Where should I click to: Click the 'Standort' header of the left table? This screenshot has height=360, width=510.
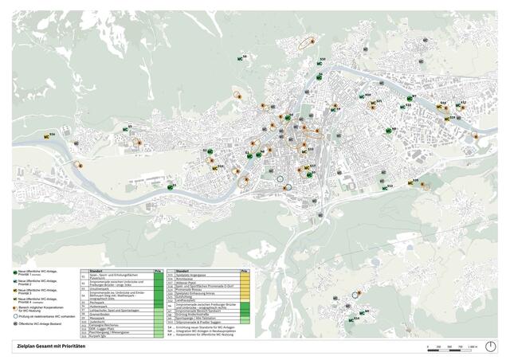click(x=104, y=271)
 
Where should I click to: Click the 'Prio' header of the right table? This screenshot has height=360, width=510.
click(x=245, y=271)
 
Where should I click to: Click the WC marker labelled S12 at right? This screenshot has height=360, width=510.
click(x=460, y=104)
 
